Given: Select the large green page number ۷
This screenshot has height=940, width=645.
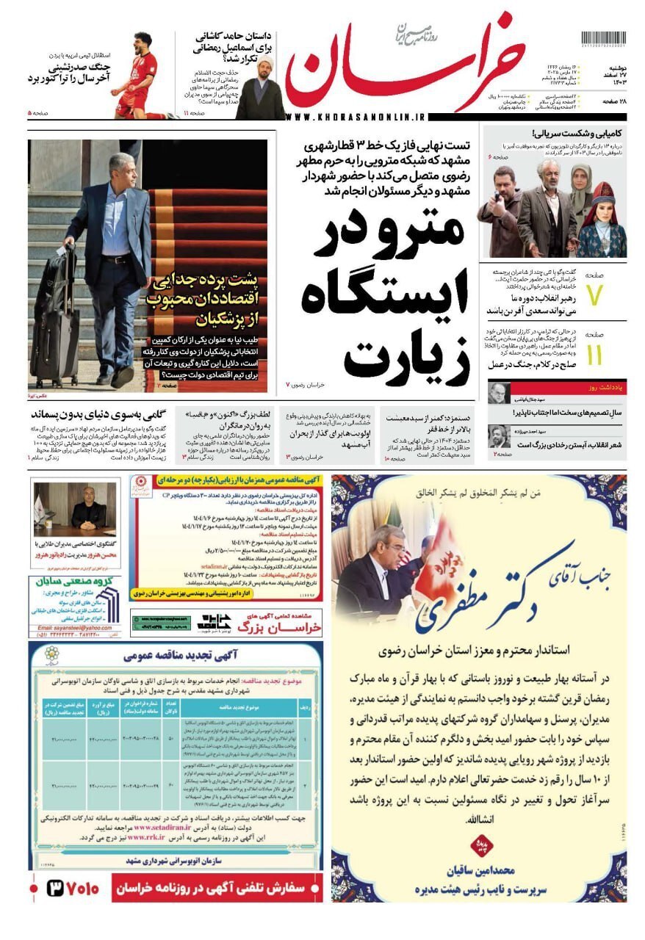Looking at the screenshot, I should (594, 294).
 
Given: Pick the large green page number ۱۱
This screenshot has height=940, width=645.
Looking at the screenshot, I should (594, 355).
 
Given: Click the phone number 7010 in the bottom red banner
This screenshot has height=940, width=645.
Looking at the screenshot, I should (74, 888).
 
